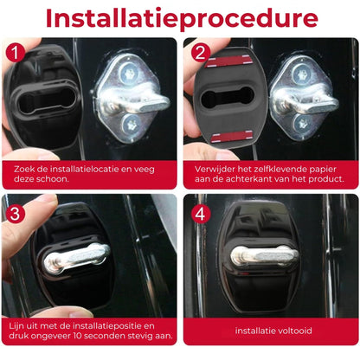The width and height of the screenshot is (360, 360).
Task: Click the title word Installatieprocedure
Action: click(180, 18)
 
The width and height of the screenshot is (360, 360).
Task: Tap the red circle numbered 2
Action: click(198, 53)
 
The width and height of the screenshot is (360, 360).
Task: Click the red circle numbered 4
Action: click(198, 212)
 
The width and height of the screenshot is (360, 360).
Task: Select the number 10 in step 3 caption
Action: click(78, 336)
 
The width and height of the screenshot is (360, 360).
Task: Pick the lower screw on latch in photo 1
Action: click(129, 124)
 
